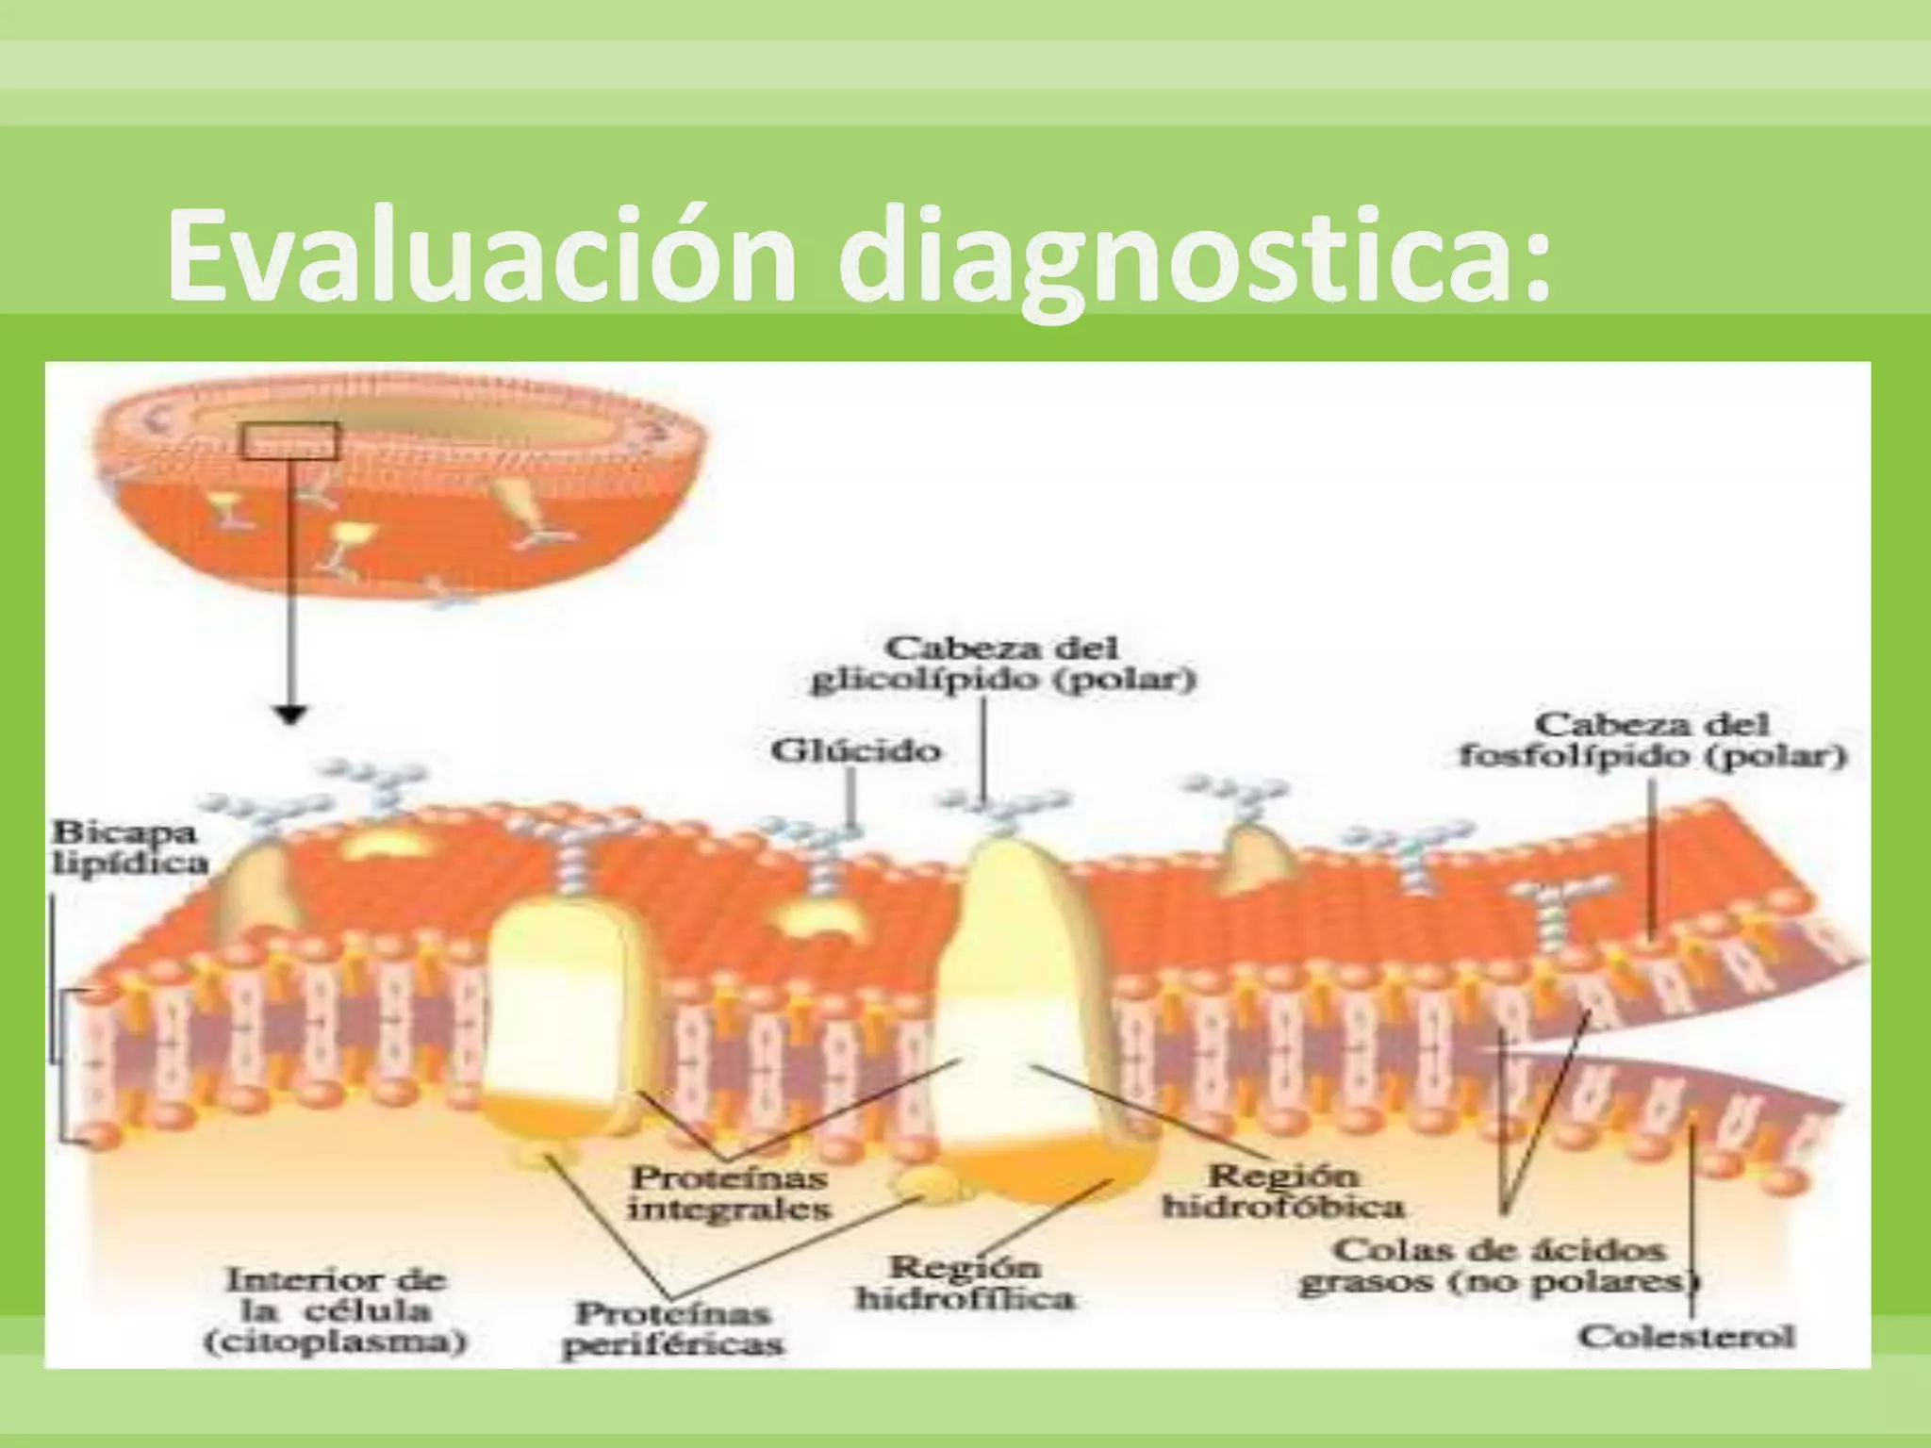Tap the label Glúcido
click(x=855, y=750)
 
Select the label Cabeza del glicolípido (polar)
click(x=1002, y=665)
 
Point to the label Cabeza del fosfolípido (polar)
click(x=1652, y=740)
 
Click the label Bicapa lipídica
click(x=129, y=847)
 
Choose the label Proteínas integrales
click(x=729, y=1192)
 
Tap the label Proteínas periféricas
click(x=672, y=1328)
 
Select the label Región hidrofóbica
click(x=1282, y=1191)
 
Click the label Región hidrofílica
click(x=965, y=1283)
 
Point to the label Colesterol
click(x=1687, y=1337)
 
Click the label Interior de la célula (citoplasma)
click(x=335, y=1311)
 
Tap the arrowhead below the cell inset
click(x=291, y=716)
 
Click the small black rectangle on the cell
click(x=289, y=441)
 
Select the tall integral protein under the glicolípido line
click(x=1028, y=1023)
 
